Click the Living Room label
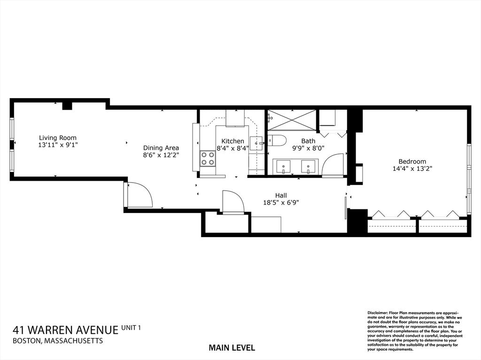tap(57, 138)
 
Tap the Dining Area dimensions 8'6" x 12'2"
tap(161, 154)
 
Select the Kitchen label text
tap(233, 141)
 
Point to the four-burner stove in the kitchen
tap(208, 159)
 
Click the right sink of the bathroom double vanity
tap(308, 166)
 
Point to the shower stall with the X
tap(292, 120)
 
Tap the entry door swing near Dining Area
tap(140, 195)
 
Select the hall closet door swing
tap(233, 202)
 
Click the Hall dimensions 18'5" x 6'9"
tap(281, 203)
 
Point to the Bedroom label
tap(412, 161)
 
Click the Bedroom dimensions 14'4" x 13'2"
tap(412, 168)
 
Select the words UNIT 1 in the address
tap(131, 327)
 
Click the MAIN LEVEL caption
tap(232, 348)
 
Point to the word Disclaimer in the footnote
tap(377, 312)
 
